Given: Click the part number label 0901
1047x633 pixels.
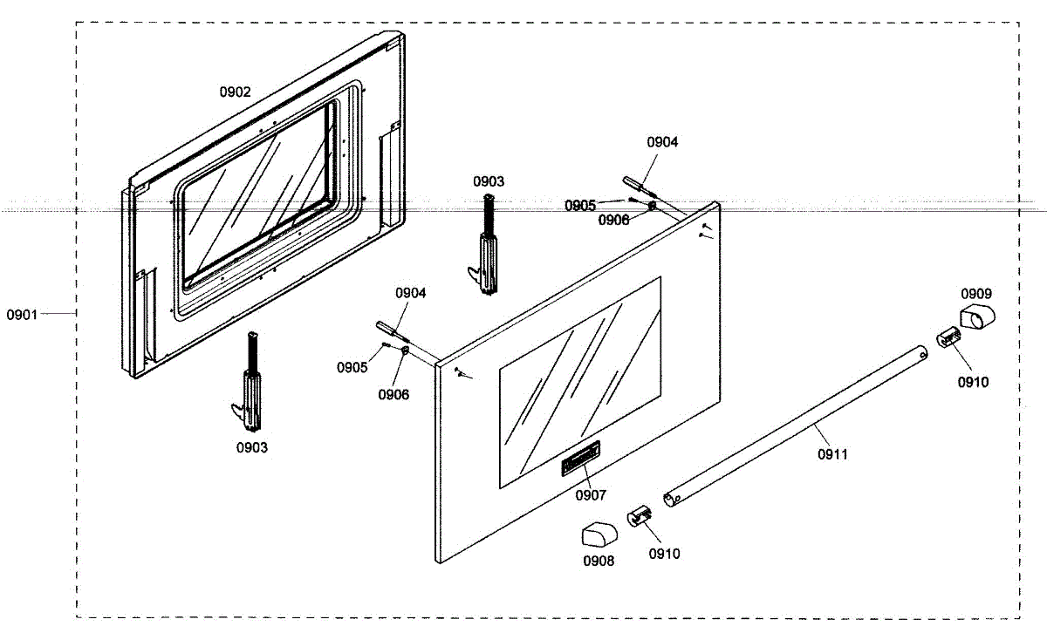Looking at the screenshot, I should click(22, 313).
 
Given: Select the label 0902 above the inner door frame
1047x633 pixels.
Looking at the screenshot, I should click(235, 92).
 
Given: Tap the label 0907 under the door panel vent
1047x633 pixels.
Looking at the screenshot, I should click(591, 495).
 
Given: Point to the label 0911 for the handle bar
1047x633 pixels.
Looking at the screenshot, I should click(832, 453).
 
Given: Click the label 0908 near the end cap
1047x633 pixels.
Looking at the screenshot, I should click(599, 561).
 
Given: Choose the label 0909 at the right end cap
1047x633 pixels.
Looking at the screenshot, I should click(976, 294).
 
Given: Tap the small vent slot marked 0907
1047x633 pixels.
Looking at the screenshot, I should click(581, 457).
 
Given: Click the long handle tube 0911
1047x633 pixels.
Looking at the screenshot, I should click(794, 424).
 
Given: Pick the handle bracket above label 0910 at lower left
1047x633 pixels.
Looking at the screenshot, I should click(639, 516).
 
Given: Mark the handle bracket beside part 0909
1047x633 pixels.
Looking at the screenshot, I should click(948, 337).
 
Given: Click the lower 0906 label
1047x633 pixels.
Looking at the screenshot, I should click(393, 395).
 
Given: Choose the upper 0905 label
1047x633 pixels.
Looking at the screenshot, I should click(580, 206).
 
